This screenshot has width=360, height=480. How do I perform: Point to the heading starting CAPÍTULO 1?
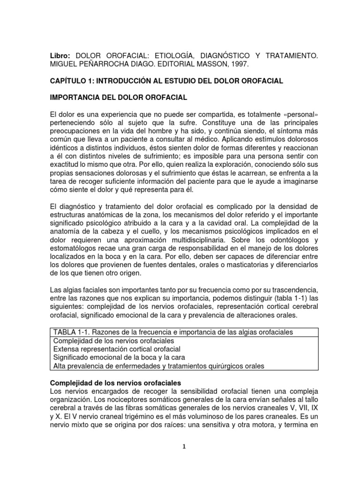pyautogui.click(x=166, y=81)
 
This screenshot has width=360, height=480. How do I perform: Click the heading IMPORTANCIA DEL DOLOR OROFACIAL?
pyautogui.click(x=119, y=98)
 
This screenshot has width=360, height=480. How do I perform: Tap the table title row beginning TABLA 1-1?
pyautogui.click(x=173, y=332)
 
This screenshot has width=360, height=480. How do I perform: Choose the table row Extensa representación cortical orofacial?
pyautogui.click(x=117, y=349)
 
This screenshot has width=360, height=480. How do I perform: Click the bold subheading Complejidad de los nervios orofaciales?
pyautogui.click(x=115, y=383)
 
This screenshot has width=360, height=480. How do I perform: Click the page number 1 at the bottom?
pyautogui.click(x=185, y=447)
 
